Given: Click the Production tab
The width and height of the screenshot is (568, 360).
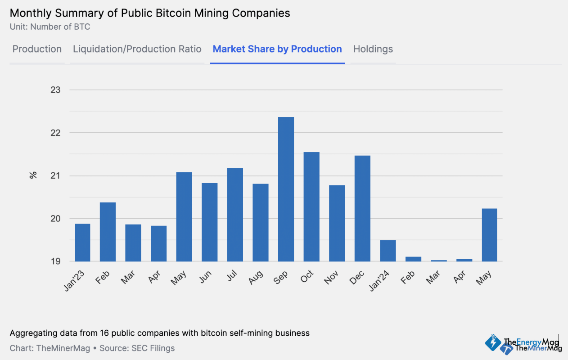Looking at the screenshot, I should point(37,49).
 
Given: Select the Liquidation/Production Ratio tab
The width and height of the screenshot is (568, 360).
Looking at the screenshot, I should point(137,49).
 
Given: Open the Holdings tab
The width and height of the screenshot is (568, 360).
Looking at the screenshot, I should point(373,49).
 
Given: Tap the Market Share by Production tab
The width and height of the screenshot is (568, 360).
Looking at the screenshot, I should point(277,49).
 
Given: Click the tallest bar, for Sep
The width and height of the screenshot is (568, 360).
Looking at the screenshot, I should point(286,189).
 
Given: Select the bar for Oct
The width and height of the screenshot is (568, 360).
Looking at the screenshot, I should point(311,207).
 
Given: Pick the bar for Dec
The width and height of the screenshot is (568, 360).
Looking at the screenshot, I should point(362,208).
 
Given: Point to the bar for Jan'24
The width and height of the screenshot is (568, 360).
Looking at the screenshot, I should point(388,251).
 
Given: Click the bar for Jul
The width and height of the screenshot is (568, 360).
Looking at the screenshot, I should point(235,215).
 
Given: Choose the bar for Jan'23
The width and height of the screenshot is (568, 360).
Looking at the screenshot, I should point(82,242).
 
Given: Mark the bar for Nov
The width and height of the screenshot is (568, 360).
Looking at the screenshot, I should point(337,223).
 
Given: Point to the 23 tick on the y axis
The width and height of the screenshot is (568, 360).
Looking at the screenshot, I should point(55,90).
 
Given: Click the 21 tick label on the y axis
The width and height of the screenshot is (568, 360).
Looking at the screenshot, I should point(55,176).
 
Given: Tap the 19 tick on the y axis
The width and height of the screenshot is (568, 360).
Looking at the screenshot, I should point(55,261).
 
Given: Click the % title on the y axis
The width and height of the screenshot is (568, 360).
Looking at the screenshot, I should point(33,175).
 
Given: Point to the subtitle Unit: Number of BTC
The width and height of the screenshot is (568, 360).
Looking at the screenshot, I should point(50,27).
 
